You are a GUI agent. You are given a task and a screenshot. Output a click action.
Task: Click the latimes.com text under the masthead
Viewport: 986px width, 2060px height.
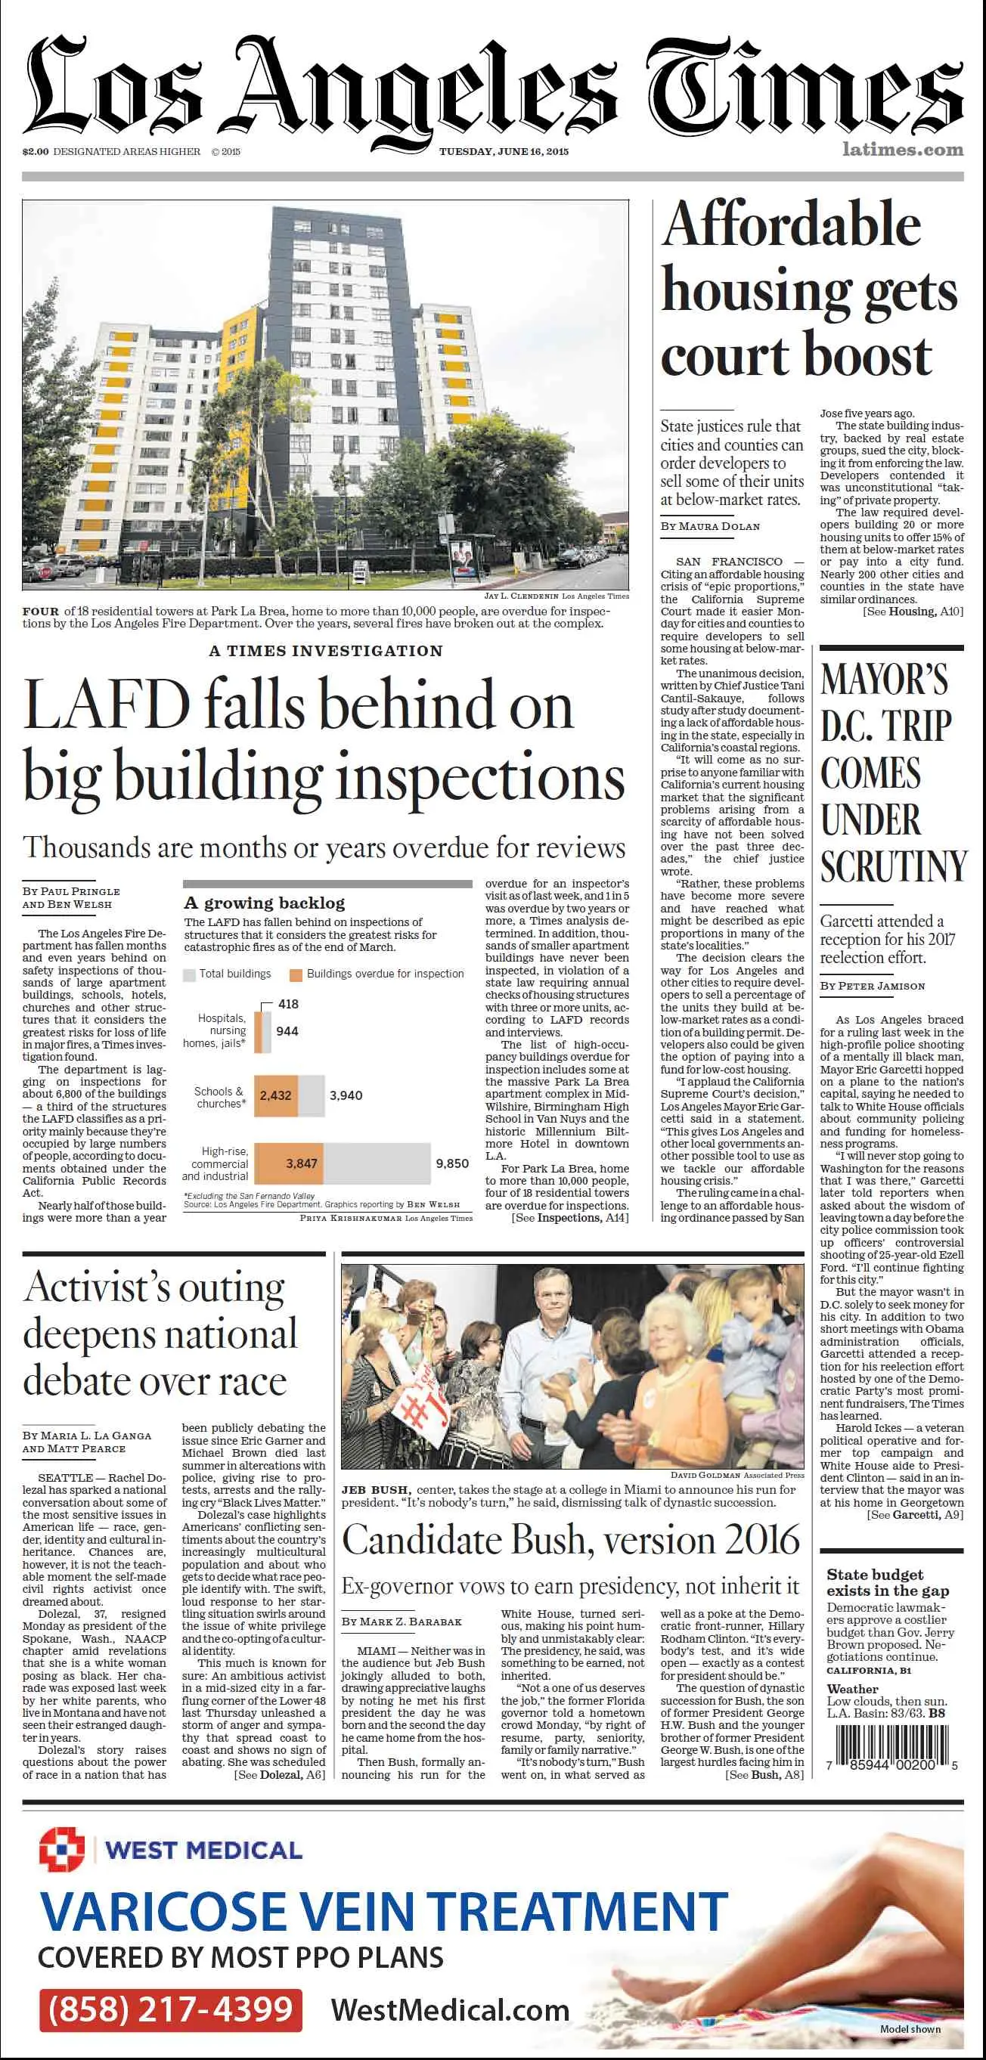coord(902,150)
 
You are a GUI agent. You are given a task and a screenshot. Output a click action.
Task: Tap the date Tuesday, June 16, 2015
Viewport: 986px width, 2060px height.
coord(504,151)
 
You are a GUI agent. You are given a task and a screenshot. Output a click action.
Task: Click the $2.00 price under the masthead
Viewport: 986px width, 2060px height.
coord(36,151)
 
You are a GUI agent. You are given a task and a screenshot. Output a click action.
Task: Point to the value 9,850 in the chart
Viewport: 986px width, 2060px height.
coord(452,1163)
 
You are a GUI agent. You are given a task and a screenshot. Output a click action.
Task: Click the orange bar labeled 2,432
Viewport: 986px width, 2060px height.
coord(276,1095)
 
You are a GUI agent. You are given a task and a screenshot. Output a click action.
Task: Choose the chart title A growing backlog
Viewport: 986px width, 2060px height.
coord(264,903)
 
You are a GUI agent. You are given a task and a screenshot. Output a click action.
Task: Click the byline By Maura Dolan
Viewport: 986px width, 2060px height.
coord(710,526)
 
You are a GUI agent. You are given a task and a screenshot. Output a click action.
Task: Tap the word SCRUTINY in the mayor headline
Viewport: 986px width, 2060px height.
coord(893,866)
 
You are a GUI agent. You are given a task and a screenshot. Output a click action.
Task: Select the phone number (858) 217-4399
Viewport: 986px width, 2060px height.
coord(170,2009)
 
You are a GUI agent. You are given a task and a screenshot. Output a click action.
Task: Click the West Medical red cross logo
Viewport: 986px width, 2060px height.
coord(61,1849)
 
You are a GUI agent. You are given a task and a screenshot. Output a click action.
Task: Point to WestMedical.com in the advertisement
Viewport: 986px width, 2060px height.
coord(449,2009)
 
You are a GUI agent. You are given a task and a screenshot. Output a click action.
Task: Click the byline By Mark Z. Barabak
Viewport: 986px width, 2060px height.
coord(402,1621)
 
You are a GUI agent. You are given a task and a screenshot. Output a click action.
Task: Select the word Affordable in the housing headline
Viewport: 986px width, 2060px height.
coord(792,225)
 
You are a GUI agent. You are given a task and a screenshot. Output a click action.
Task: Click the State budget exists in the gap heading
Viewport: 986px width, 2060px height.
coord(887,1581)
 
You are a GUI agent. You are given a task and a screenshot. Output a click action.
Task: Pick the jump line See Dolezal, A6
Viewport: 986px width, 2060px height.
coord(279,1774)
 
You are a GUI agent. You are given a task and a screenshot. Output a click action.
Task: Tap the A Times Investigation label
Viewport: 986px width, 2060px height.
coord(325,651)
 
